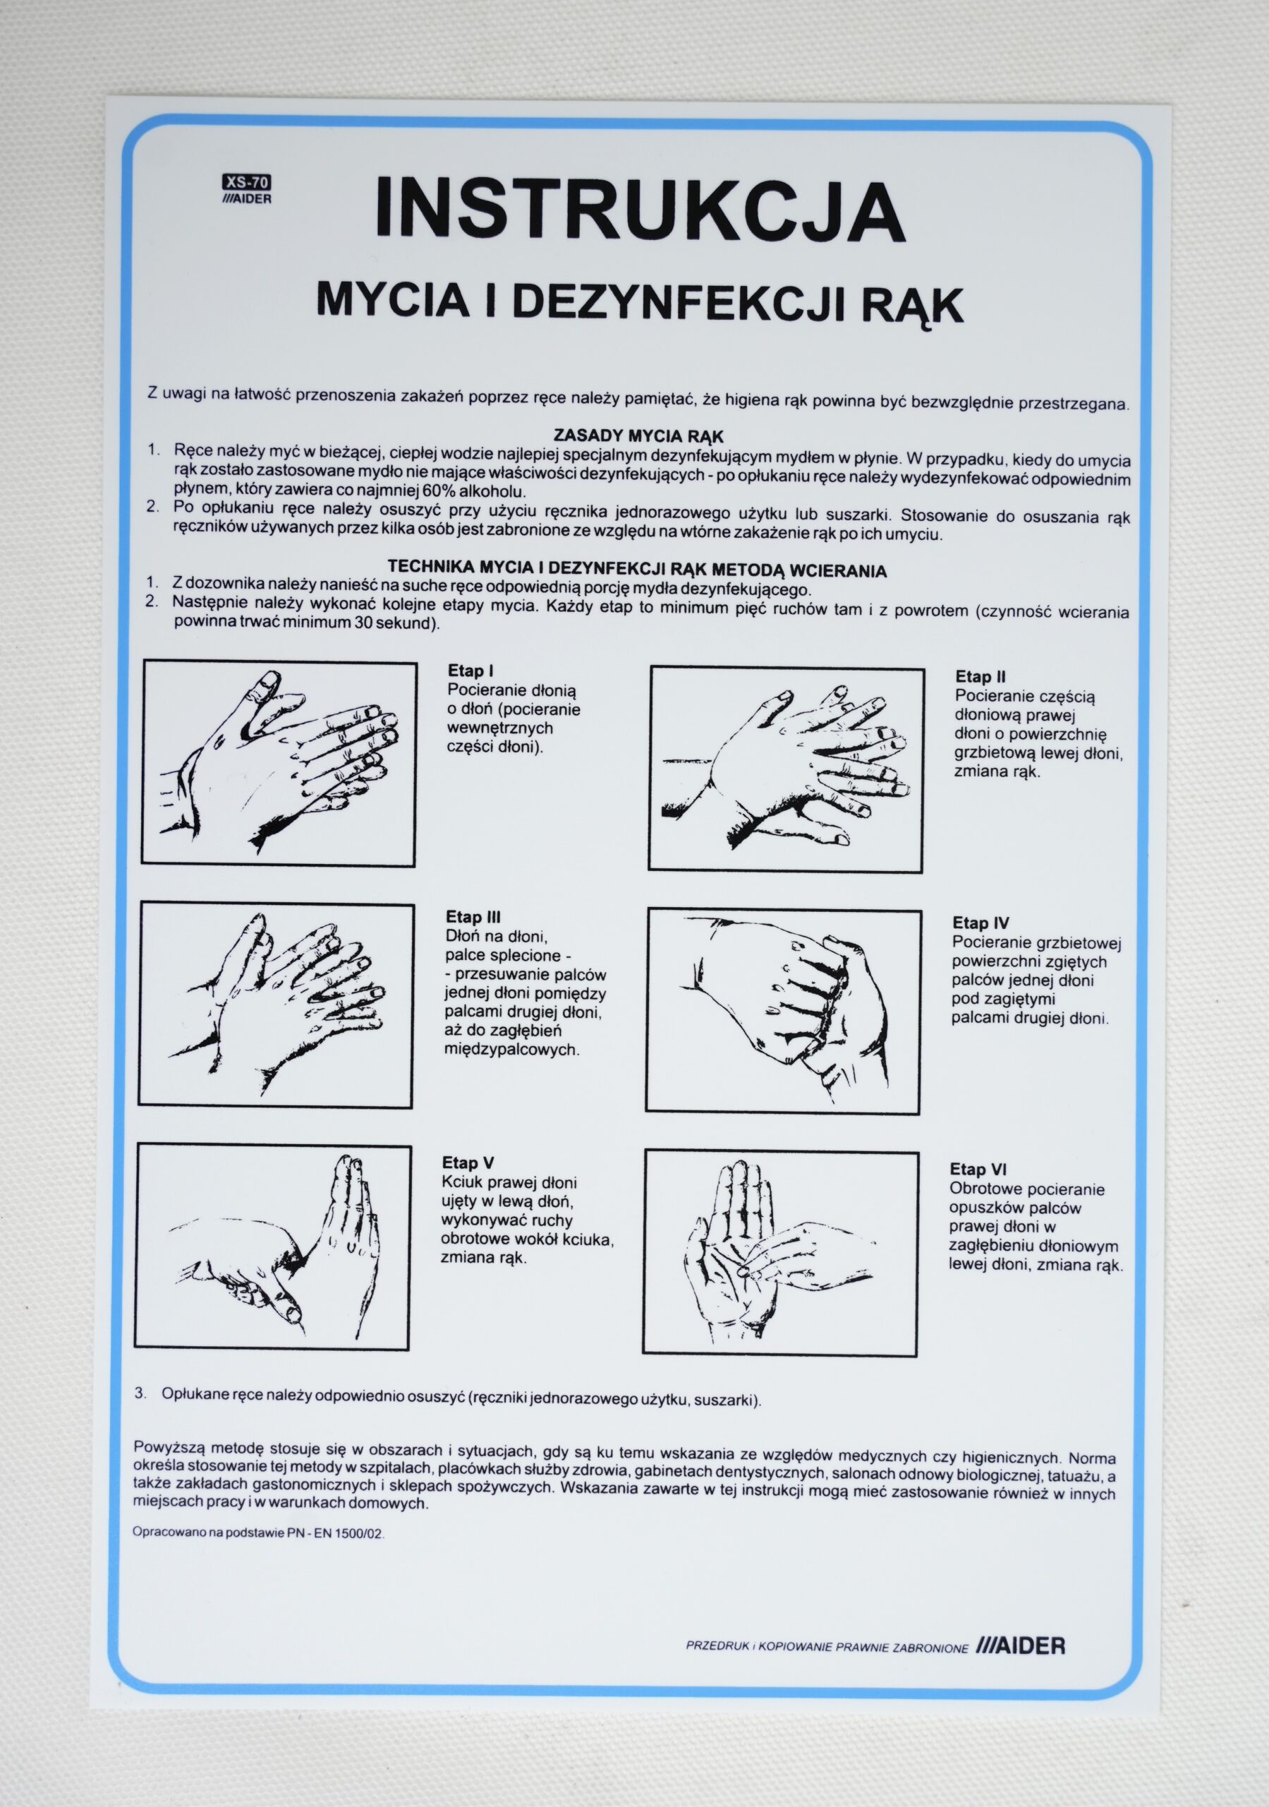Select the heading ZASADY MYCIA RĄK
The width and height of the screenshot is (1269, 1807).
click(x=639, y=436)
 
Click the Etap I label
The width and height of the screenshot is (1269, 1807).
click(x=470, y=671)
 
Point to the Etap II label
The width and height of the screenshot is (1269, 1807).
click(x=980, y=677)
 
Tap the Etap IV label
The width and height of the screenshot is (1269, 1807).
click(x=980, y=923)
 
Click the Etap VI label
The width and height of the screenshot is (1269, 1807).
click(x=977, y=1170)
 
